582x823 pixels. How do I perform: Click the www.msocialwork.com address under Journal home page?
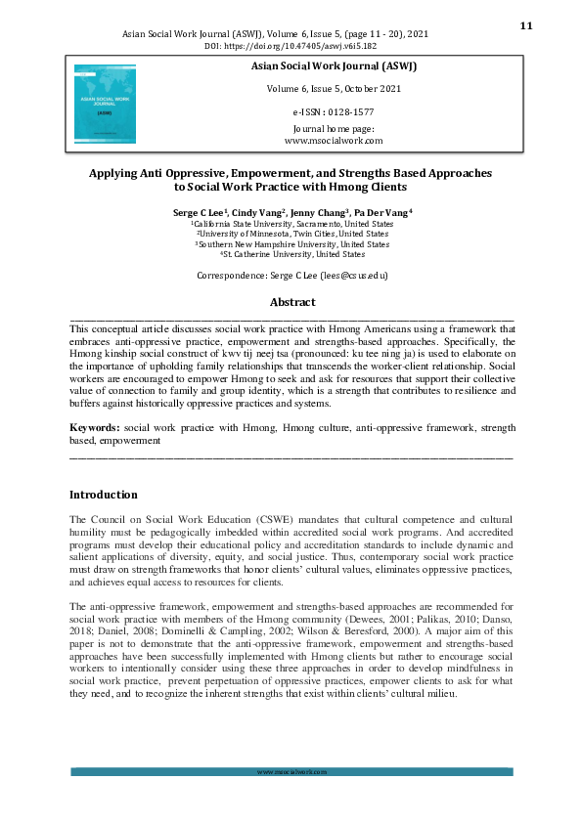(x=333, y=141)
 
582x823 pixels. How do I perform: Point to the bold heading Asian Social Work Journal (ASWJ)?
(x=333, y=65)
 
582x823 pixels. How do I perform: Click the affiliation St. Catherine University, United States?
(x=292, y=254)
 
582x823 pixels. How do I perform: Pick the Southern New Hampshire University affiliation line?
(x=292, y=244)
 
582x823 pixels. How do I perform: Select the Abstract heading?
(x=291, y=303)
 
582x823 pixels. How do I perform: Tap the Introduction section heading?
(x=104, y=495)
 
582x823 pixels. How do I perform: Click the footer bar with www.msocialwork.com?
(x=291, y=772)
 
